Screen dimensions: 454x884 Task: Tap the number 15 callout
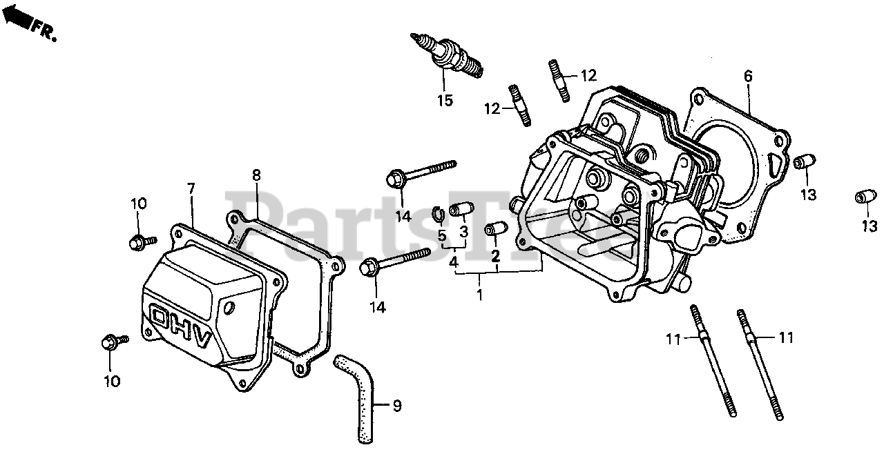[445, 101]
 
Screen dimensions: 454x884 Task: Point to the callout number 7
[191, 188]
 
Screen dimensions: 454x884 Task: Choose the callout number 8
[256, 176]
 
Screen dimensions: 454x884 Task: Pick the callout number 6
[748, 75]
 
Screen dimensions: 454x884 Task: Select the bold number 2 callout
[495, 257]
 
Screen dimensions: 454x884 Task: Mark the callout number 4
[453, 262]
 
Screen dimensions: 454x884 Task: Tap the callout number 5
[442, 235]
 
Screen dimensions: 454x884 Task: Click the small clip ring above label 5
[438, 213]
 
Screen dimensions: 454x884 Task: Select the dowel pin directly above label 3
[460, 210]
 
